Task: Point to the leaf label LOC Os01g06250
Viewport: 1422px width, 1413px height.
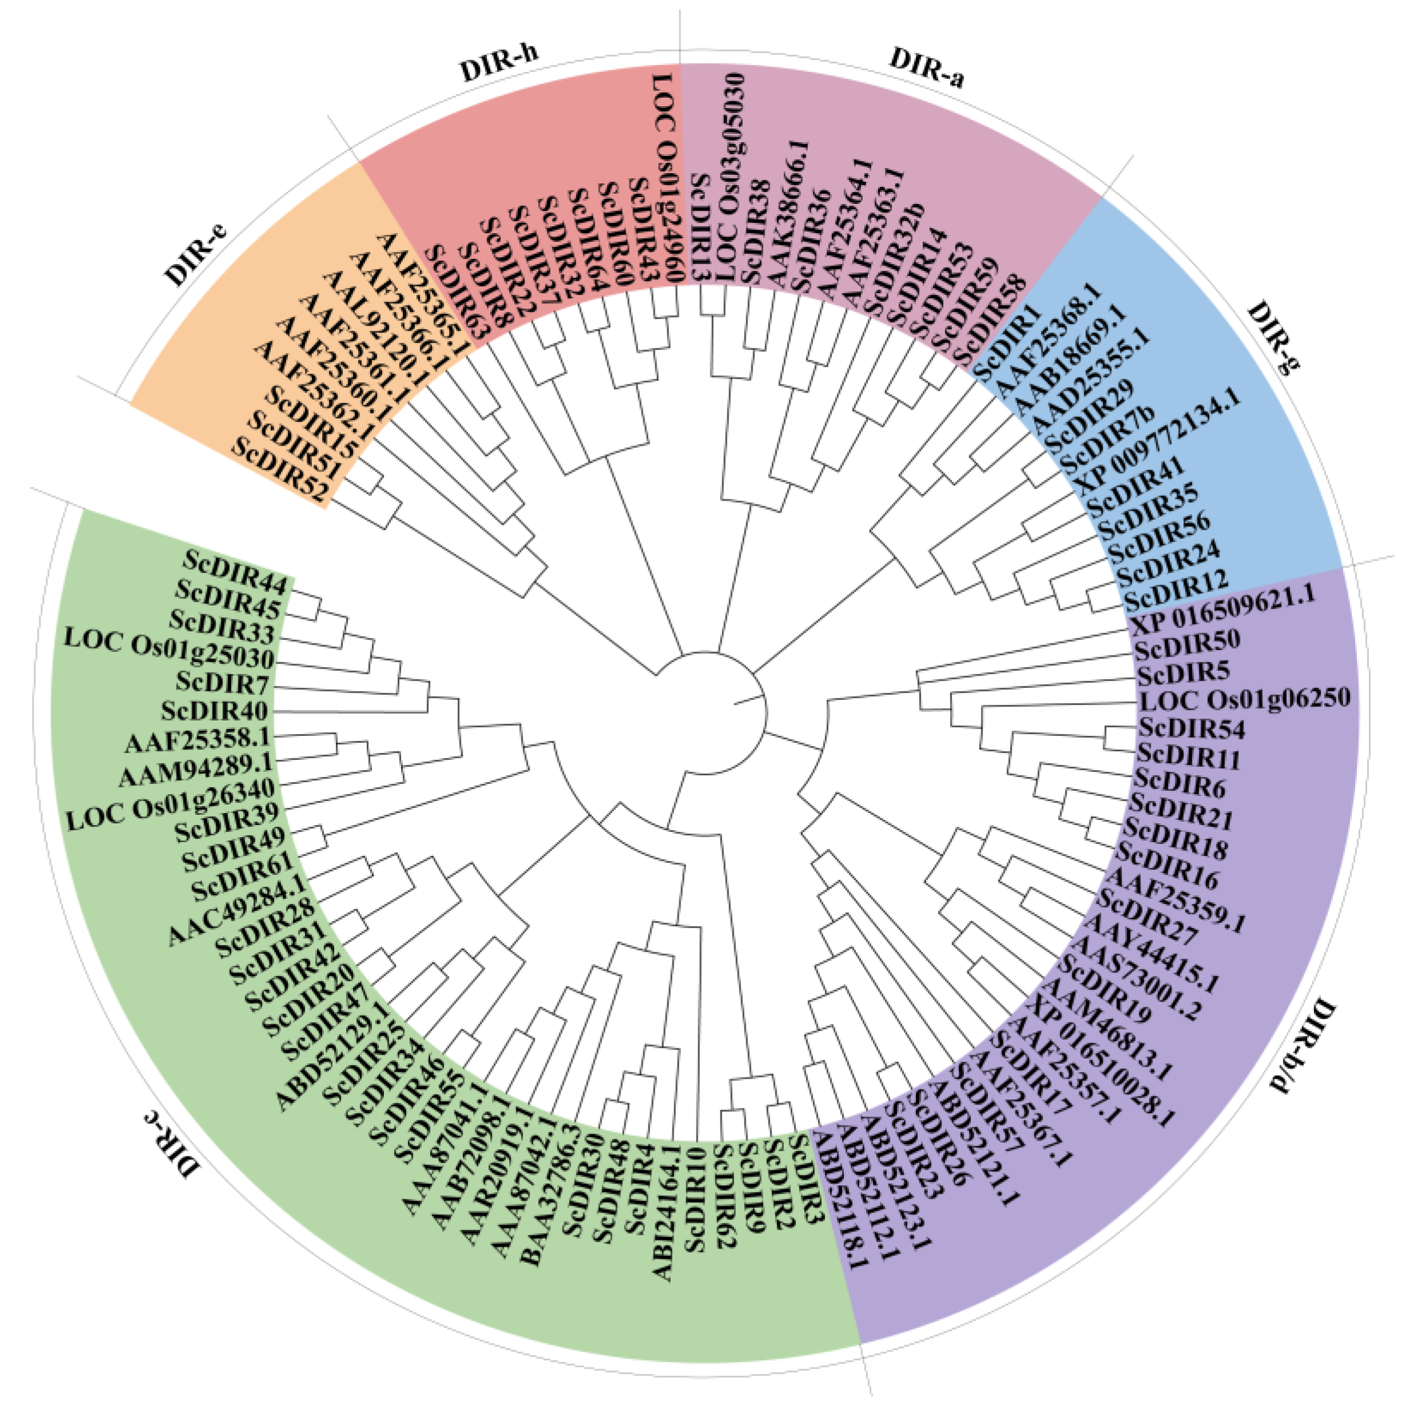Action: (x=1245, y=698)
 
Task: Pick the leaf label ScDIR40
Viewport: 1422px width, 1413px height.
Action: (x=214, y=711)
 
